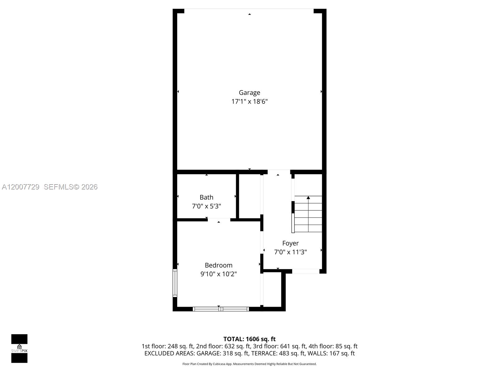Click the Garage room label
tap(249, 93)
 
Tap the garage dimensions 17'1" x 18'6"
tap(249, 102)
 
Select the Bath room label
tap(206, 197)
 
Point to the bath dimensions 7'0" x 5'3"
tap(206, 206)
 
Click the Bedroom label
tap(218, 265)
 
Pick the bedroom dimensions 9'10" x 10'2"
tap(218, 274)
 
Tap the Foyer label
tap(290, 243)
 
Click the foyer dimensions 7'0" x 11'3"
tap(290, 252)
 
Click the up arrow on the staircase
tap(308, 198)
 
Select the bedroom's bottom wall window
tap(221, 309)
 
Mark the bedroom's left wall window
tap(175, 283)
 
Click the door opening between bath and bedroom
tap(219, 220)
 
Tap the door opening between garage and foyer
tap(279, 172)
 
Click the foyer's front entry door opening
tap(306, 271)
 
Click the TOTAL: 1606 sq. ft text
tap(249, 339)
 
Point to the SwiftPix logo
tap(19, 348)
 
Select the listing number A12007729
tap(21, 187)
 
